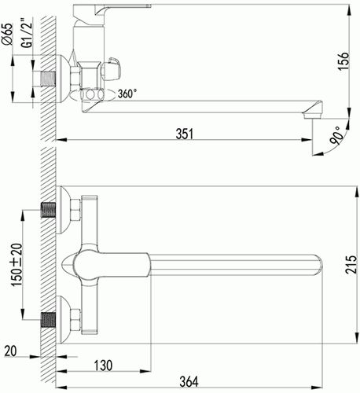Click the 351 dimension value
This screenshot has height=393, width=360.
point(184,134)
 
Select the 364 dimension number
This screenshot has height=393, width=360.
point(189,381)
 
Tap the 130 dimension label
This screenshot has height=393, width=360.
point(103,365)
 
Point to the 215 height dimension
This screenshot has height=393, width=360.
point(351,265)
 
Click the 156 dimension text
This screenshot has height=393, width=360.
point(343,61)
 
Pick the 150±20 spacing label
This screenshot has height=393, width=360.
point(17,265)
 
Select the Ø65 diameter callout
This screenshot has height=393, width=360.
point(7,35)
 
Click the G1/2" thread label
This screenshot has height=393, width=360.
point(27,33)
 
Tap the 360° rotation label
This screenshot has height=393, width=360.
point(127,94)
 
